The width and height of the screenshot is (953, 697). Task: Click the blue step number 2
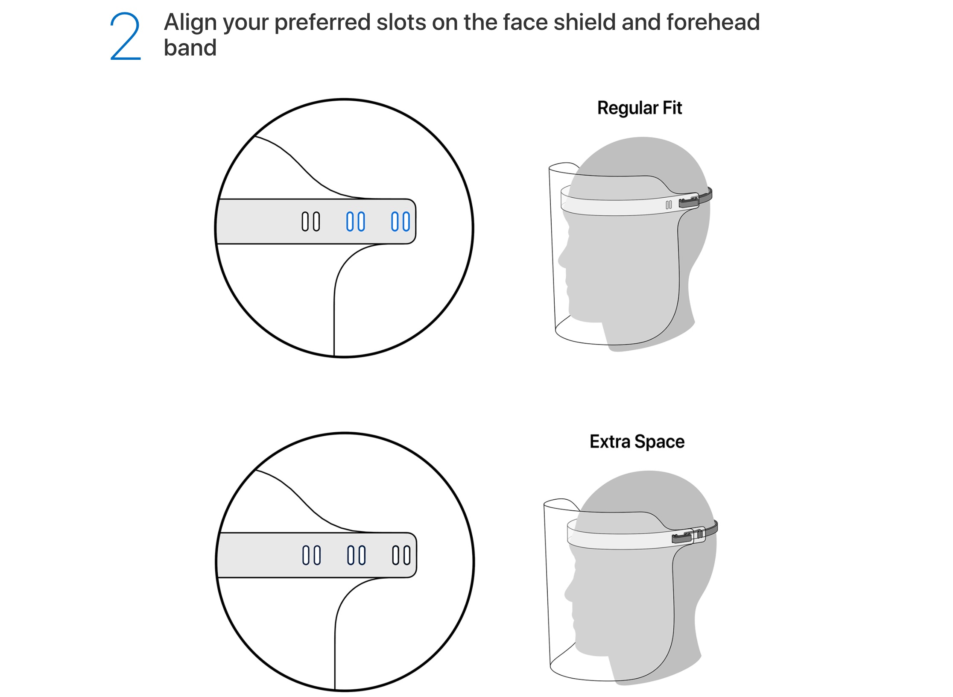click(x=126, y=36)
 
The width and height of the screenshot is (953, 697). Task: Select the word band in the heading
click(x=190, y=47)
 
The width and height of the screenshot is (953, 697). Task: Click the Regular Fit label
click(x=640, y=108)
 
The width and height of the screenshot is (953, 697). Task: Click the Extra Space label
click(x=637, y=442)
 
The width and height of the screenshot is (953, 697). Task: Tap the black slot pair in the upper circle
click(x=311, y=222)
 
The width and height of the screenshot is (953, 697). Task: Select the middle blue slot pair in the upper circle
click(x=356, y=222)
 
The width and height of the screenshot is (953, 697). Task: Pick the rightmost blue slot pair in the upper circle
click(x=400, y=222)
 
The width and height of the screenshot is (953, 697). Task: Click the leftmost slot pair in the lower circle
click(x=312, y=555)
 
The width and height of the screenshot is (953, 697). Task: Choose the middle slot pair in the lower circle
click(x=357, y=555)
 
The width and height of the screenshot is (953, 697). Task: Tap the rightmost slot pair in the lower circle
click(x=401, y=555)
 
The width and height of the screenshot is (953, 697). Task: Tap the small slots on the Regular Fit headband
click(x=669, y=205)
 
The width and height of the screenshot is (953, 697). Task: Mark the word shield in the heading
click(x=584, y=22)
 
